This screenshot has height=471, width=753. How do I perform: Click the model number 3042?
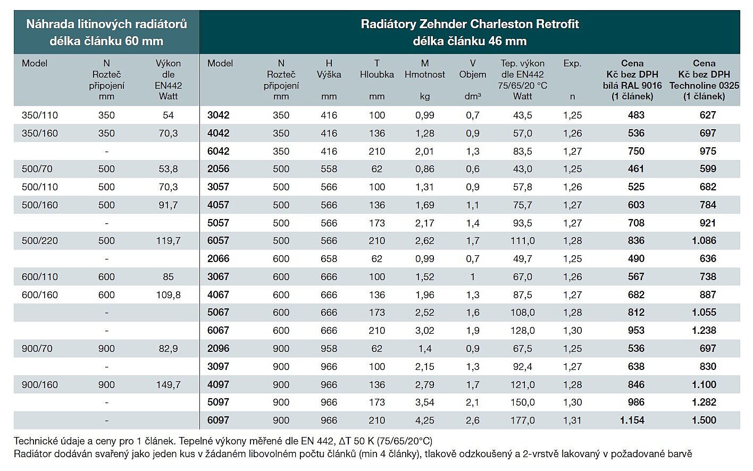point(218,115)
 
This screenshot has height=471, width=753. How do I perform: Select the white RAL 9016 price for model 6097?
point(632,420)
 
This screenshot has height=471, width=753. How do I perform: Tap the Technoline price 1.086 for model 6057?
point(704,241)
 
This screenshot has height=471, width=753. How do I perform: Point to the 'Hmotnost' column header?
point(424,74)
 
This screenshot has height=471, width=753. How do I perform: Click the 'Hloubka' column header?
point(376,74)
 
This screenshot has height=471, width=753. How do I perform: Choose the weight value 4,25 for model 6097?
point(424,420)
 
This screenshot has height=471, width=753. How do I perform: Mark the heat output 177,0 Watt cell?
point(522,420)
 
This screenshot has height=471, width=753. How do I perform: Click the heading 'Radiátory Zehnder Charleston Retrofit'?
point(470,24)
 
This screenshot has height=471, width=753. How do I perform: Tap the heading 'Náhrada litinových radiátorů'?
point(106,24)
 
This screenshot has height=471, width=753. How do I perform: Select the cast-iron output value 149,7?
point(168,385)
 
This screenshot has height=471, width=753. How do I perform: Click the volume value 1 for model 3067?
point(472,277)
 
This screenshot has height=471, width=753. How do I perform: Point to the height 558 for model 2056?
point(329,169)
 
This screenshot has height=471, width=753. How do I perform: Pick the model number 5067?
point(218,313)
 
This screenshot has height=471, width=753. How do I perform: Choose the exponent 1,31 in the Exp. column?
point(572,420)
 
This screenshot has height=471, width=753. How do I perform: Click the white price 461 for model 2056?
point(636,169)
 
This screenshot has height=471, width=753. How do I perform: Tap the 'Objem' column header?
point(472,74)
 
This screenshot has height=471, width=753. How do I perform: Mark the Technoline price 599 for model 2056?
point(708,169)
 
